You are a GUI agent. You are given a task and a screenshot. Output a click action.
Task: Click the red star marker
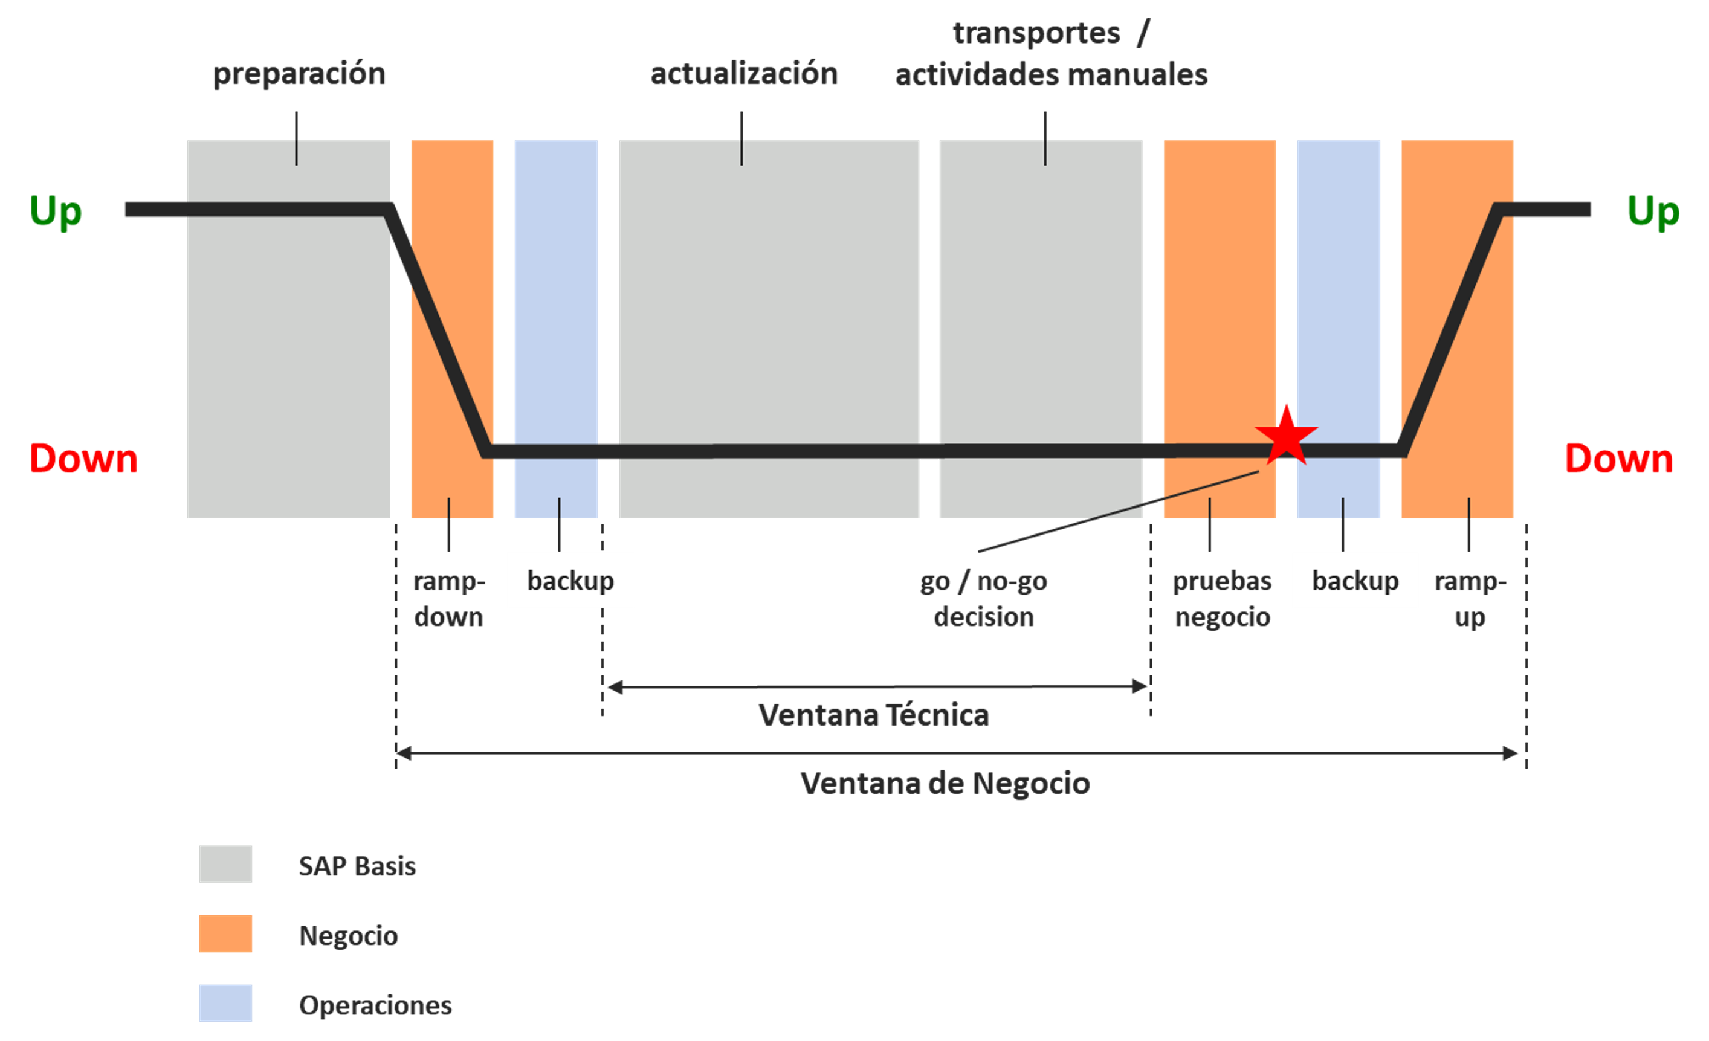[1286, 436]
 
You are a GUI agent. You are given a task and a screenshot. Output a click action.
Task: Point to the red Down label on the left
[83, 459]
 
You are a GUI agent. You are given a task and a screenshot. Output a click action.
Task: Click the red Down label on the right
[1619, 459]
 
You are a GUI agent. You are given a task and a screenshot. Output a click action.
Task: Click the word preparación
[299, 74]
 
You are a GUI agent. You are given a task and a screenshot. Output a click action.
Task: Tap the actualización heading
[743, 74]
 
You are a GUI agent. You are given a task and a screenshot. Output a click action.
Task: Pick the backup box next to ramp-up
[1355, 581]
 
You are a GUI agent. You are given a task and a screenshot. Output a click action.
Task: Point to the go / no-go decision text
[983, 599]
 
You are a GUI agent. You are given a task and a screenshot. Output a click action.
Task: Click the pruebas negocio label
[1222, 599]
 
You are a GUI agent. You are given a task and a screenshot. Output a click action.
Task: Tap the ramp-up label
[1470, 599]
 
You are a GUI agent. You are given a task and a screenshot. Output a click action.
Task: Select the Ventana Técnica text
[873, 715]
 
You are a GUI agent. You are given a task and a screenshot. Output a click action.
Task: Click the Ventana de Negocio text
[945, 783]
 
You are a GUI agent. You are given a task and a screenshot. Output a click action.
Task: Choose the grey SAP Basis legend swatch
[225, 864]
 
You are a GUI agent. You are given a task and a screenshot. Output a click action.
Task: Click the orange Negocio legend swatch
[225, 933]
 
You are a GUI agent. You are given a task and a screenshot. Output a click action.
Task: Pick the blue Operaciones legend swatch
[225, 1003]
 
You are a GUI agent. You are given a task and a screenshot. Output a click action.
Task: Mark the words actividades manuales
[1052, 75]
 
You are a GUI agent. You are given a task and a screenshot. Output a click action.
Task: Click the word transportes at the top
[1036, 33]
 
